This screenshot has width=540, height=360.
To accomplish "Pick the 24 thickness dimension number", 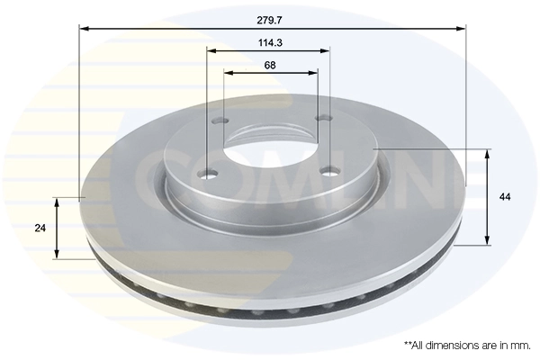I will click(40, 229).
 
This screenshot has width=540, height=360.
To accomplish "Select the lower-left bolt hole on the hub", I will click(210, 174).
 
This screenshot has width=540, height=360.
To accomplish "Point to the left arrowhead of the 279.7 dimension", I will click(84, 29).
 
